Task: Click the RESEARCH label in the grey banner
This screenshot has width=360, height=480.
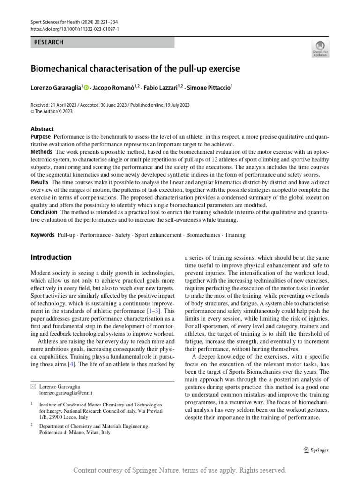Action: click(49, 42)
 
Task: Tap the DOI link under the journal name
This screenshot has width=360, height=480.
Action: click(75, 29)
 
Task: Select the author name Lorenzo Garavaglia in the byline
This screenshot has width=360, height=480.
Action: click(56, 87)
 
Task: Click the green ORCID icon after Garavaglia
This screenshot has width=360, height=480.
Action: click(86, 87)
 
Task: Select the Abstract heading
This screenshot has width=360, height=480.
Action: click(42, 129)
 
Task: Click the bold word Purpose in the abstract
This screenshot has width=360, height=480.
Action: click(41, 136)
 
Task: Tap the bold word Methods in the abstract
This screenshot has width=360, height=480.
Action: click(42, 152)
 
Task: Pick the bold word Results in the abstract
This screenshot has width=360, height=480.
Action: click(40, 182)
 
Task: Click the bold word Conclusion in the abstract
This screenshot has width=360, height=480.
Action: click(44, 212)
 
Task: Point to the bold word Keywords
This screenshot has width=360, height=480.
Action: click(43, 235)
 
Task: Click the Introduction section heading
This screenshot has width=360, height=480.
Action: click(51, 257)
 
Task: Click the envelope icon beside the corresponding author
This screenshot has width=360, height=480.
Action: click(33, 386)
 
